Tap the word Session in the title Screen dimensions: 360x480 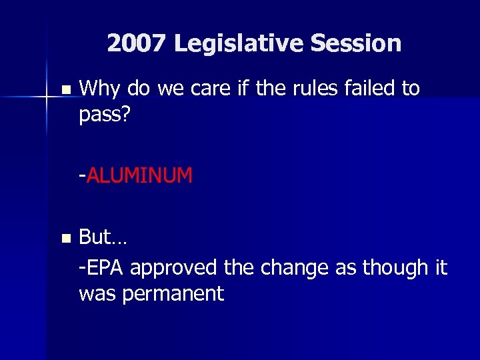click(355, 44)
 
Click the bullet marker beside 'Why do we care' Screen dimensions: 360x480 click(64, 89)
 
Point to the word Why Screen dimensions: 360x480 click(99, 89)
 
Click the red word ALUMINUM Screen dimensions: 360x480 click(139, 176)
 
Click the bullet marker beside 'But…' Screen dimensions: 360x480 click(64, 238)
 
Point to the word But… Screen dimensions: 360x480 click(101, 237)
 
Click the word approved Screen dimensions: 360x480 click(174, 268)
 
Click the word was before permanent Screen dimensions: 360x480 click(100, 293)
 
